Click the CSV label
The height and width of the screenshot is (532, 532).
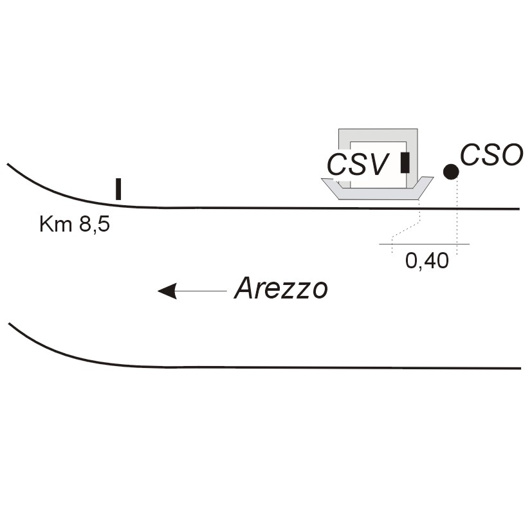tap(358, 164)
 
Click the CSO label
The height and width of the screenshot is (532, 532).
tap(491, 155)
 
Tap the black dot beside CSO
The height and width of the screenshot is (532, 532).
tap(451, 171)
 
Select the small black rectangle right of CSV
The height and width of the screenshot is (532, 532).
tap(405, 163)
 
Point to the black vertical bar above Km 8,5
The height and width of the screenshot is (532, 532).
tap(118, 189)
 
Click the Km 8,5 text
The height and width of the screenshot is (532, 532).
tap(75, 225)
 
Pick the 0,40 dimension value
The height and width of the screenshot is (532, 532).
tap(427, 261)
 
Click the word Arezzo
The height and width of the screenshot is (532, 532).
tap(281, 289)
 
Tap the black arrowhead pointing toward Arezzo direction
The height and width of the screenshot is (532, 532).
tap(167, 291)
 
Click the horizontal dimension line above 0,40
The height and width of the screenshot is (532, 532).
tap(425, 244)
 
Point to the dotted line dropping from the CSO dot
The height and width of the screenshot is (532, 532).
tap(457, 219)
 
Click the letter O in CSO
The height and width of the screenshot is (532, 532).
tap(509, 155)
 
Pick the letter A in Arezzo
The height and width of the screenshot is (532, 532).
tap(244, 289)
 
